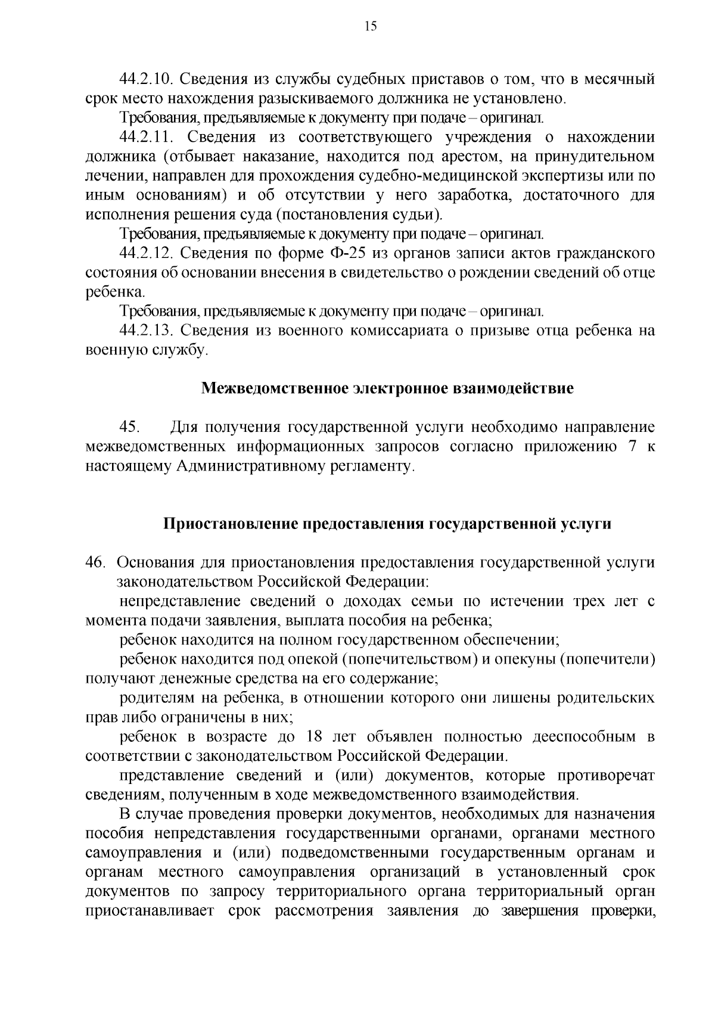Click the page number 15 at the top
click(369, 26)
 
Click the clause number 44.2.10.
click(146, 79)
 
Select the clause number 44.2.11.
click(146, 138)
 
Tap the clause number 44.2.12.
click(146, 254)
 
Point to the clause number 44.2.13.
click(146, 331)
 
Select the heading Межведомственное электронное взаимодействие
click(387, 389)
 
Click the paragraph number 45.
click(130, 427)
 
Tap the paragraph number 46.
click(95, 562)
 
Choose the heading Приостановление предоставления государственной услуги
click(387, 524)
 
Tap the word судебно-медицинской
click(433, 176)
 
